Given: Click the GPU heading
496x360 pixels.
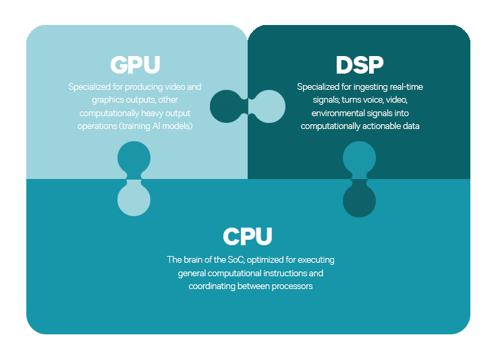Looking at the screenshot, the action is [135, 65].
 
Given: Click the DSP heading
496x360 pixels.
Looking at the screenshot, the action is [360, 65].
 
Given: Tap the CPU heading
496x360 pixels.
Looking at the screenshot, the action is [248, 236].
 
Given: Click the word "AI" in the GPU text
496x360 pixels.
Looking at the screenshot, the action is [156, 126].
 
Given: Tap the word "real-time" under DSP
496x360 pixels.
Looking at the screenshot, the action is [406, 86].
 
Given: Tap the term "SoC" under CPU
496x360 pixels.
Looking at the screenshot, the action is [236, 260].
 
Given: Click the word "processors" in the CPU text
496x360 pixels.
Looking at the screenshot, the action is [292, 286].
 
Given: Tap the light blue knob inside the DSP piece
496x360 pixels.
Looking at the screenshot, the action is [269, 107].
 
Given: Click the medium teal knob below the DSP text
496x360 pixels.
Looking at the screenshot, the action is [359, 157].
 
